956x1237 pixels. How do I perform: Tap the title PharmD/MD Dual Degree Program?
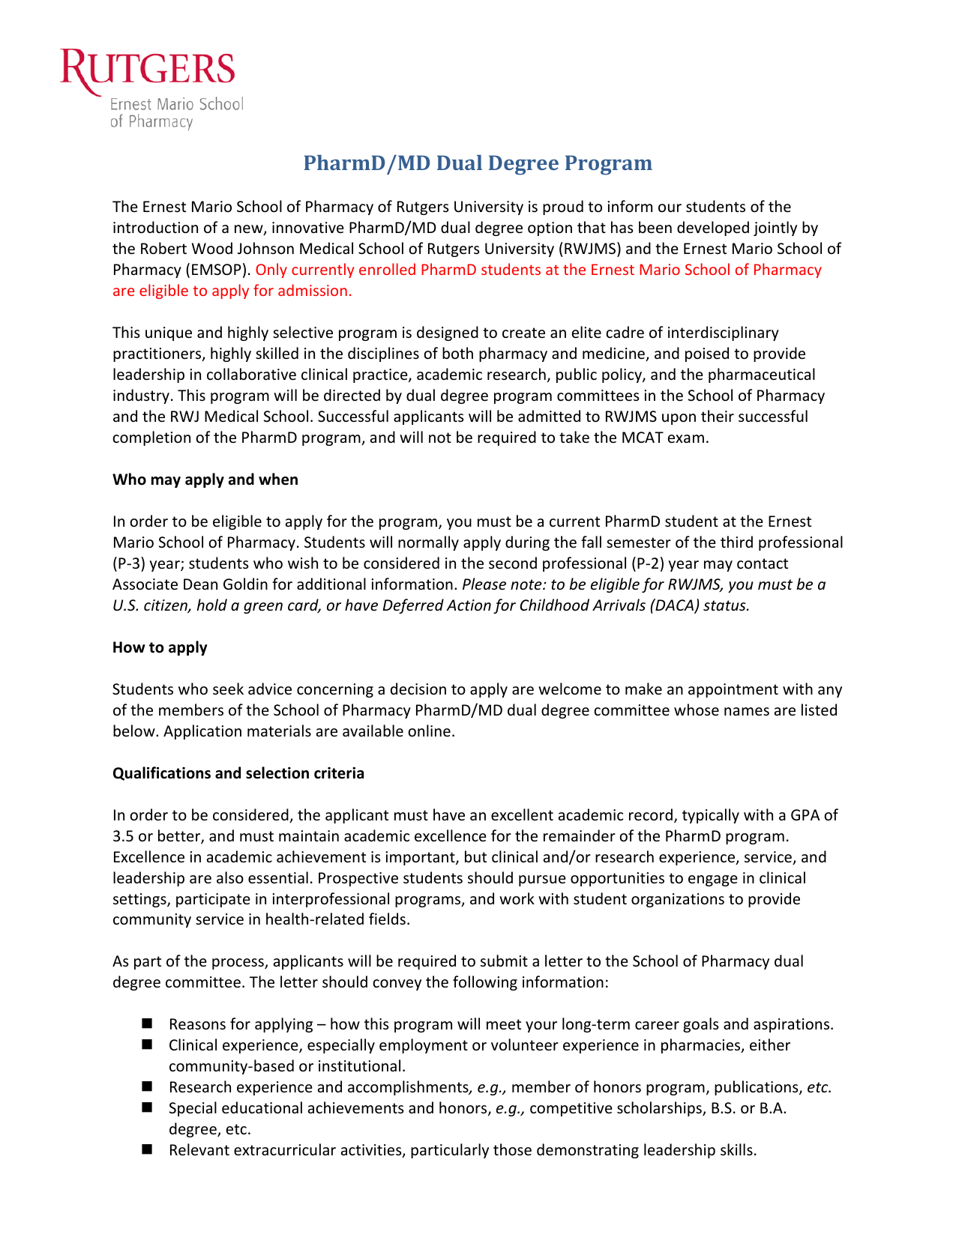point(478,163)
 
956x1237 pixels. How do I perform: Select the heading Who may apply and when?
point(205,480)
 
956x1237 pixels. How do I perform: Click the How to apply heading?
point(160,647)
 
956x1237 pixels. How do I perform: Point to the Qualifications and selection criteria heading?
point(238,773)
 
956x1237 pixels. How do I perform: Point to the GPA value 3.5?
point(122,836)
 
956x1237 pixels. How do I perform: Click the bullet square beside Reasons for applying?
point(146,1023)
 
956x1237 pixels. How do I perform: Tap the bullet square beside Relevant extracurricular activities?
point(146,1149)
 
